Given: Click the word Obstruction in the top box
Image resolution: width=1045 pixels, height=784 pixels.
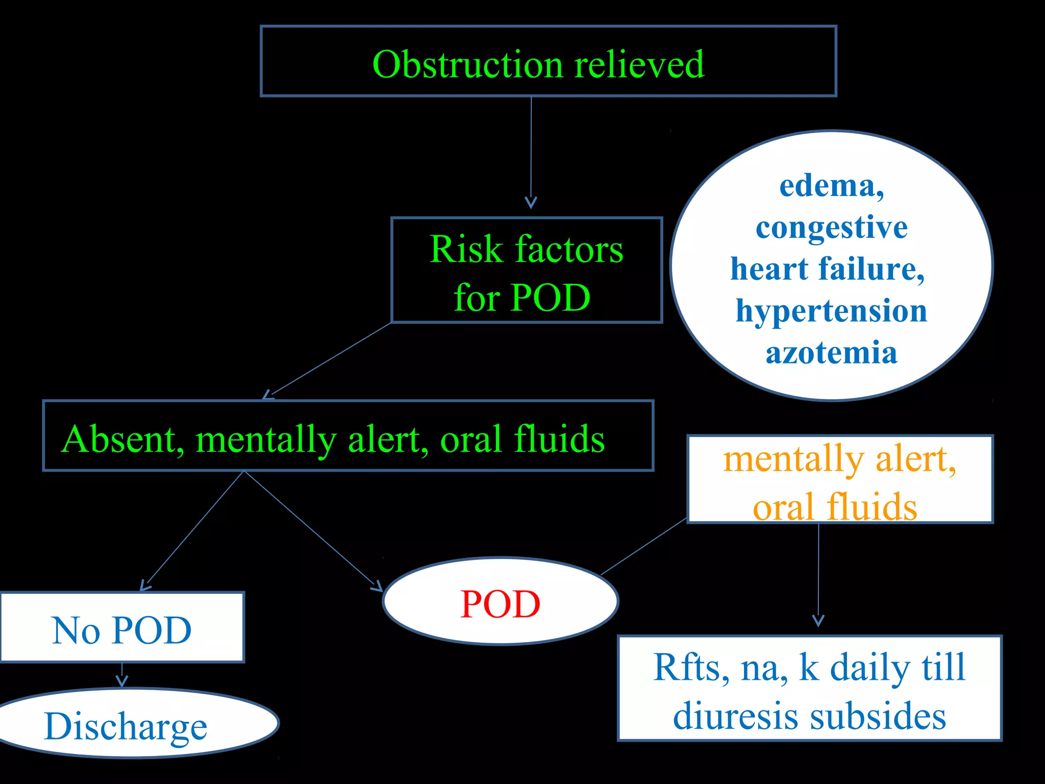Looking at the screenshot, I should point(467,65).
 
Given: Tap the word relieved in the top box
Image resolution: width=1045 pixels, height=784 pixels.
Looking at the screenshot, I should point(639,65).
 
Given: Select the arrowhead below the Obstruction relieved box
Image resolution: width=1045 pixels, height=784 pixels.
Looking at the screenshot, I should point(531,203).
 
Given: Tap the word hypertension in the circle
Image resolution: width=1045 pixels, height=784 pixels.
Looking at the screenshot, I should point(831,311).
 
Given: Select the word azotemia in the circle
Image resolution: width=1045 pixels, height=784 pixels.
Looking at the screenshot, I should point(831,353).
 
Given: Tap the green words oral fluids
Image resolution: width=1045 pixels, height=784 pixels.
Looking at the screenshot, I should point(522,439).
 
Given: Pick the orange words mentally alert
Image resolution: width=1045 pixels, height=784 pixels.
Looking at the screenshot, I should point(839,459).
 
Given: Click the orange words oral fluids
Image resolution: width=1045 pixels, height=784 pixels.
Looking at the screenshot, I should point(835,507).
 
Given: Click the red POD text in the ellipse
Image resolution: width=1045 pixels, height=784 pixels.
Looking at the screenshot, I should point(500,604).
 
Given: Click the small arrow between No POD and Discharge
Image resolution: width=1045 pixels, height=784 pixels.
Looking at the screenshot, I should point(121,680).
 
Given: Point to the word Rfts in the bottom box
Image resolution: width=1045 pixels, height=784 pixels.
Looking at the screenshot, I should point(686,667).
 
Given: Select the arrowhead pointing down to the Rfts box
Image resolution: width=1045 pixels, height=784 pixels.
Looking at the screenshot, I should point(818,621).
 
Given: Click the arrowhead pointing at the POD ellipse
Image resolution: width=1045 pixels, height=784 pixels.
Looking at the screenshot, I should point(377,586).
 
